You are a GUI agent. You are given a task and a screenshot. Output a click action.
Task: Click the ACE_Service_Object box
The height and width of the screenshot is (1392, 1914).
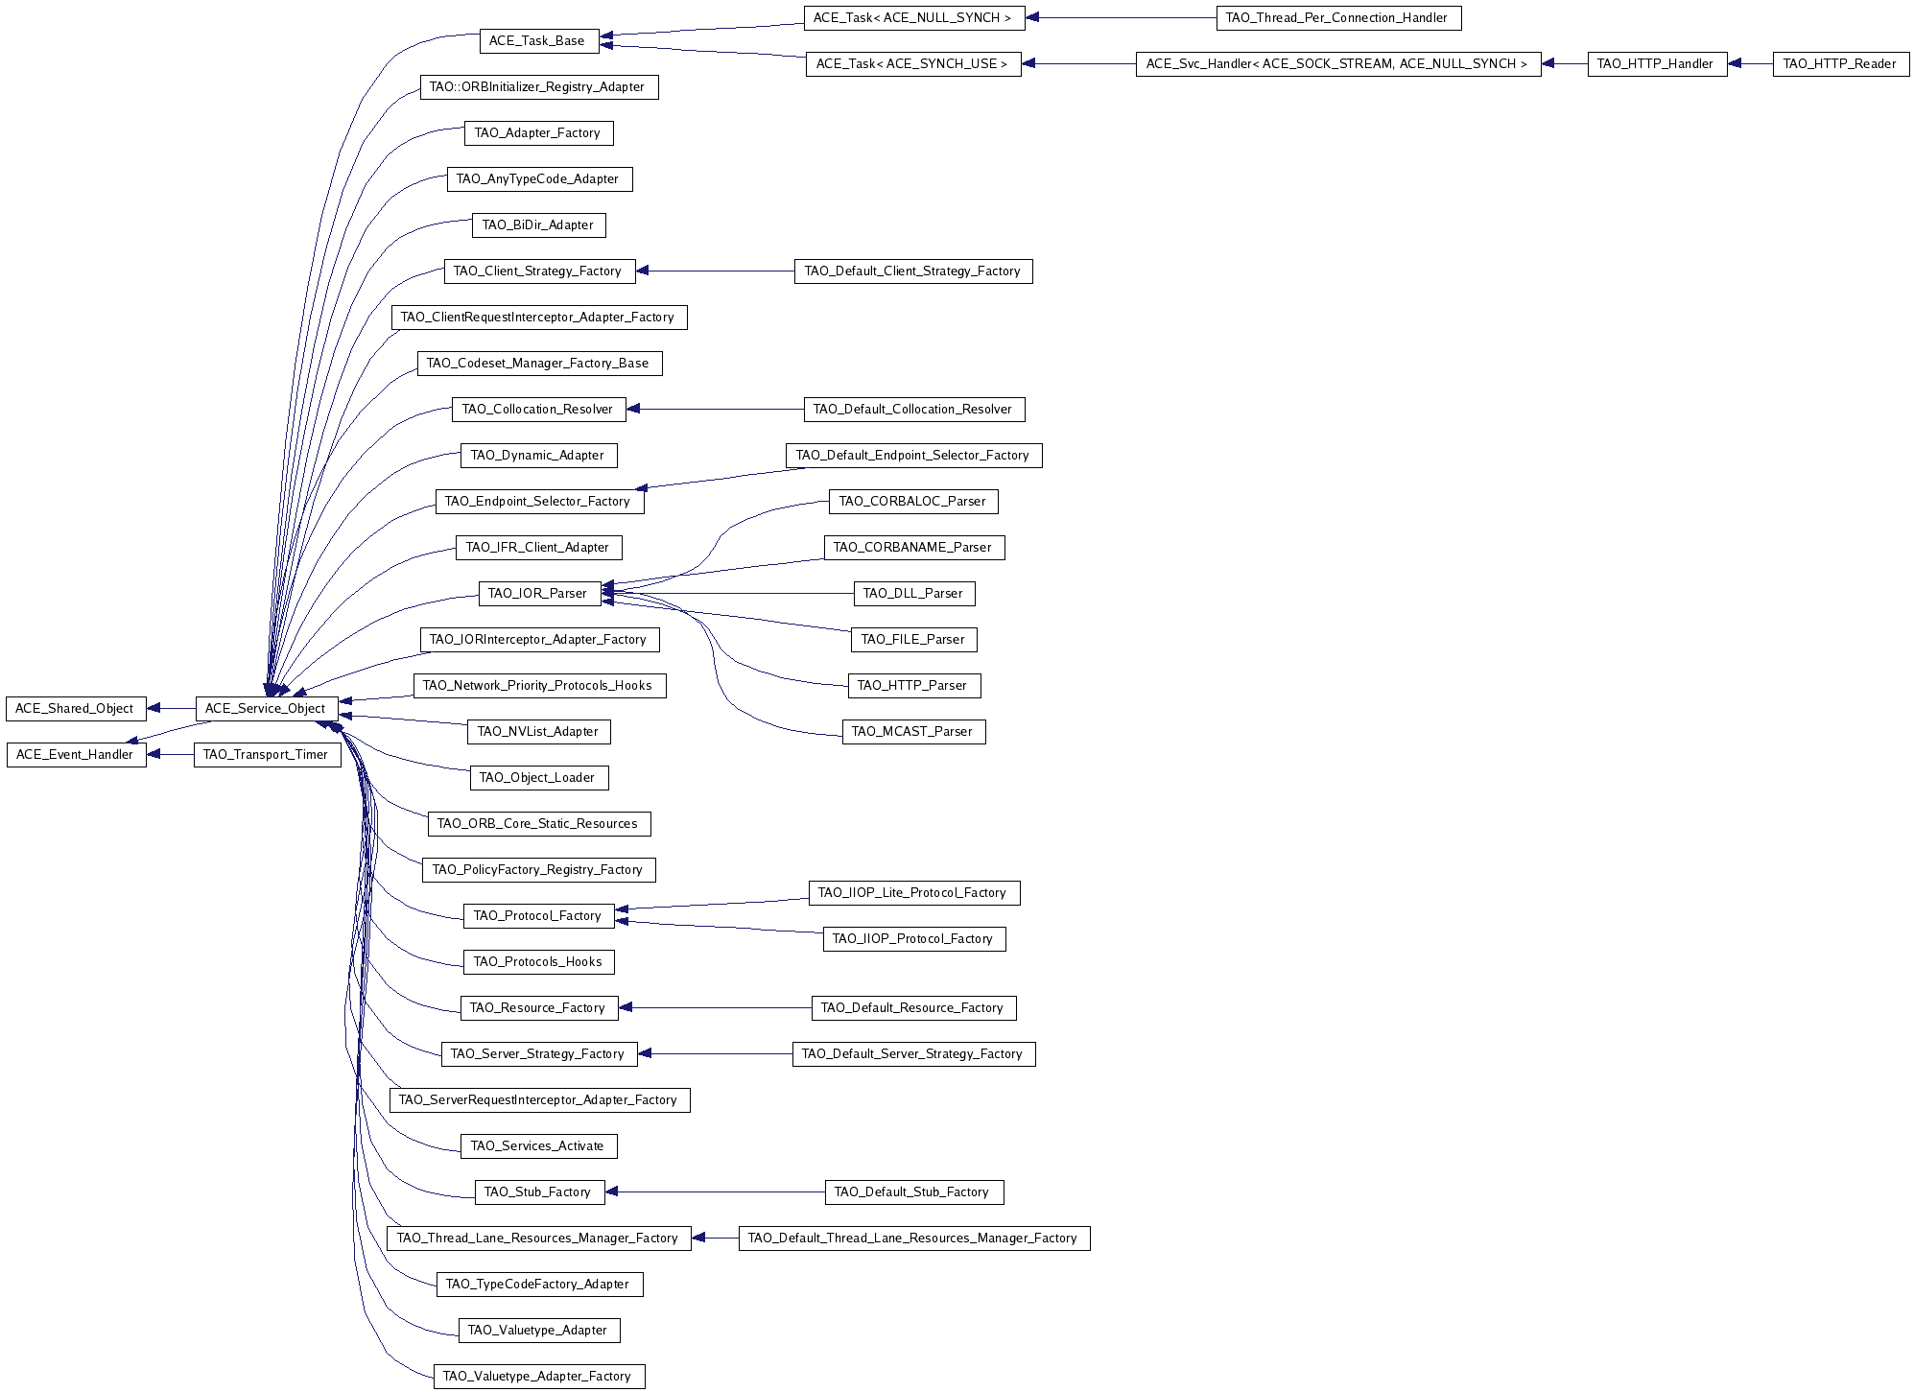tap(267, 709)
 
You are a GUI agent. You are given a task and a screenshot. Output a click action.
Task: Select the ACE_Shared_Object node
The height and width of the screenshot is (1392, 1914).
tap(75, 709)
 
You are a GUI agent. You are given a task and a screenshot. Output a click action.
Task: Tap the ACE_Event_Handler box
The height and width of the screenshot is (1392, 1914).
tap(76, 755)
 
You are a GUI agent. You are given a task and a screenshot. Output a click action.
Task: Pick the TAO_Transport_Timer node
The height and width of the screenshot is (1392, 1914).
tap(267, 755)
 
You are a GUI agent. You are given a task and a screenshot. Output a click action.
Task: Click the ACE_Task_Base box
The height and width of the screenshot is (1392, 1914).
tap(538, 41)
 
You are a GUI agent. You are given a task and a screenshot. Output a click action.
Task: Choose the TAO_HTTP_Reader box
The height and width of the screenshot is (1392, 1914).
tap(1841, 64)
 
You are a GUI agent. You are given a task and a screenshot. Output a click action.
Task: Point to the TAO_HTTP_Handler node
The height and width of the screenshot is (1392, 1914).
tap(1657, 64)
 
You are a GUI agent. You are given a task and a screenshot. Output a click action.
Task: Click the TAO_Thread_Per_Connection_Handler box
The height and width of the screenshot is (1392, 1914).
tap(1338, 18)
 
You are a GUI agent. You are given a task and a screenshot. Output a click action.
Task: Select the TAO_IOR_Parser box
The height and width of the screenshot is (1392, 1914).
tap(539, 594)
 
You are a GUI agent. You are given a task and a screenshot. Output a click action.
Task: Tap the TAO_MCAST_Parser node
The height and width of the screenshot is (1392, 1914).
tap(913, 732)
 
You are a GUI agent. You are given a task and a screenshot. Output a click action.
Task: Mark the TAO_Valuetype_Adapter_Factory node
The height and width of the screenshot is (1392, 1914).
tap(538, 1377)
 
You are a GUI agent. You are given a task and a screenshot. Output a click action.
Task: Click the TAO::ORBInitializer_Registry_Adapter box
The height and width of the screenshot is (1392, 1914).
tap(539, 87)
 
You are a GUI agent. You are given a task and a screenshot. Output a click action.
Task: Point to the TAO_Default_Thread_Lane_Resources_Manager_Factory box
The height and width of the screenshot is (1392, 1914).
tap(914, 1239)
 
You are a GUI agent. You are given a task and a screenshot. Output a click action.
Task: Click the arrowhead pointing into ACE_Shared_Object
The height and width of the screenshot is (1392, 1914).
tap(154, 709)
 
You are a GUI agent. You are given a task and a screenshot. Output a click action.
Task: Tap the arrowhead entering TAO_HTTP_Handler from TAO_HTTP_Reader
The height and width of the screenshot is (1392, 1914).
tap(1735, 64)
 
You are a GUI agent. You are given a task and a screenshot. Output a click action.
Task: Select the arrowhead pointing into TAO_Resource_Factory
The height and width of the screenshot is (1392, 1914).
tap(626, 1008)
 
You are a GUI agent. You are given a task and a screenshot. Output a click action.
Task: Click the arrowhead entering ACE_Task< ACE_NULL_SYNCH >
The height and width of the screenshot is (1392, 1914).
tap(1032, 18)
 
